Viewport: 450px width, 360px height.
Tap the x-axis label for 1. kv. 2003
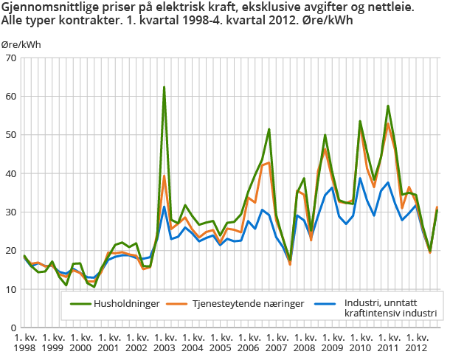point(163,342)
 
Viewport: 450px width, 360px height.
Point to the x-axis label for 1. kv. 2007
point(276,342)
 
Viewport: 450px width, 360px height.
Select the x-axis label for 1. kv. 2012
point(416,342)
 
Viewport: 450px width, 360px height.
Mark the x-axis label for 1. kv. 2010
point(360,342)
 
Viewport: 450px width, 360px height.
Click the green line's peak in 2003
point(164,87)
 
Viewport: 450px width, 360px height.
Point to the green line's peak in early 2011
point(388,105)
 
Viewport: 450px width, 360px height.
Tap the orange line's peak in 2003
point(164,176)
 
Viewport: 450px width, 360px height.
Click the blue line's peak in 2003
point(164,207)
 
